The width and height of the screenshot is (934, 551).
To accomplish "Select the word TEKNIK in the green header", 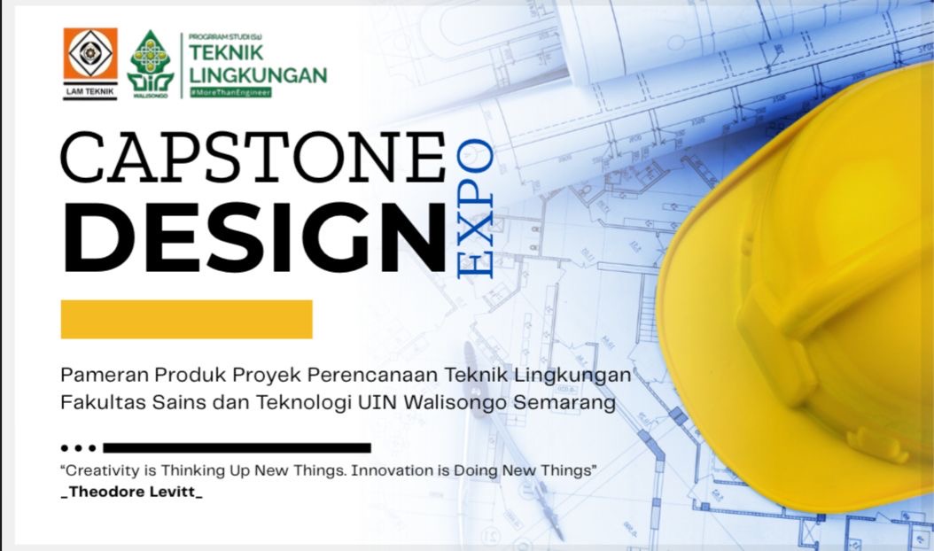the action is pyautogui.click(x=226, y=52).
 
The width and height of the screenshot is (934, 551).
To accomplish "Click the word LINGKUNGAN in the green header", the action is pyautogui.click(x=258, y=75).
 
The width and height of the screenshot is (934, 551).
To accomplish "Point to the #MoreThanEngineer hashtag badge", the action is pyautogui.click(x=230, y=92).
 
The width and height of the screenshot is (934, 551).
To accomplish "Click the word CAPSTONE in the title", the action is pyautogui.click(x=253, y=157).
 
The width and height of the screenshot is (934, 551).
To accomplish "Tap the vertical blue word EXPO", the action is pyautogui.click(x=475, y=208).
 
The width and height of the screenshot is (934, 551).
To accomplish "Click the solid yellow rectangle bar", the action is pyautogui.click(x=186, y=319).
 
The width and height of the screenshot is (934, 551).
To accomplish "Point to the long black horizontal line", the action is pyautogui.click(x=237, y=448).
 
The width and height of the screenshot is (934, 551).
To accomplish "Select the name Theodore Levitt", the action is pyautogui.click(x=132, y=492).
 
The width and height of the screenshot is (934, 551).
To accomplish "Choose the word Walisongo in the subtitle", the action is pyautogui.click(x=455, y=403).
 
